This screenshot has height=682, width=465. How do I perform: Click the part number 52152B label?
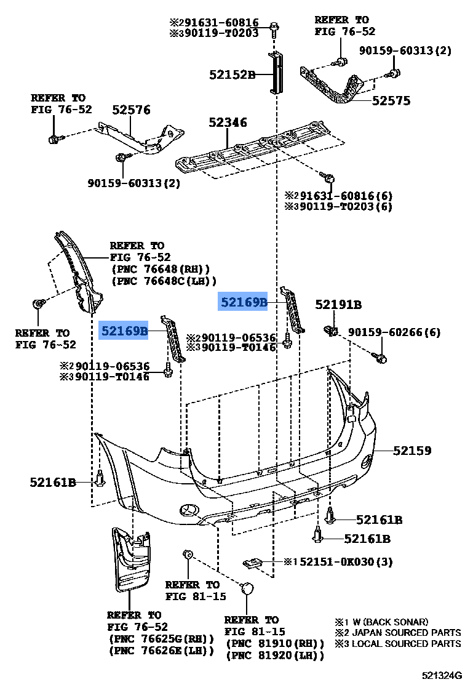[x=232, y=75]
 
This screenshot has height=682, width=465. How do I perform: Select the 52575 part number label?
[x=391, y=100]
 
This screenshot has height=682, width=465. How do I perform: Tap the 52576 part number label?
[x=131, y=110]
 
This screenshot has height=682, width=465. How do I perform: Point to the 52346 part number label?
[x=228, y=122]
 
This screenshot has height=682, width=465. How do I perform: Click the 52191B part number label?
[x=338, y=304]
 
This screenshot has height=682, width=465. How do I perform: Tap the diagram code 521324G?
[x=441, y=675]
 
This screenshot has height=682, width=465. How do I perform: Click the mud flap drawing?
[x=131, y=557]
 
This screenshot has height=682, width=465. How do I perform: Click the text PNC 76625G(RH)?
[x=161, y=639]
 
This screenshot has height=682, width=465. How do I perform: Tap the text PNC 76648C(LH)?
[x=164, y=281]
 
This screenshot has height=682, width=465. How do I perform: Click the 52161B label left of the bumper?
[x=52, y=482]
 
